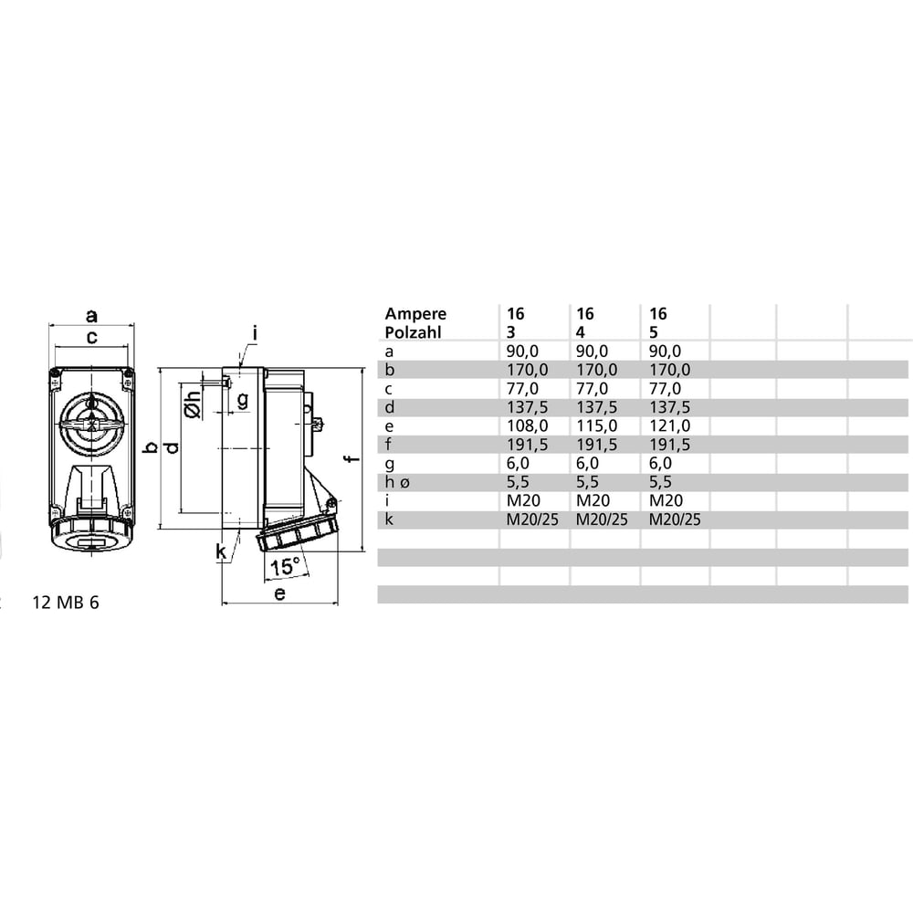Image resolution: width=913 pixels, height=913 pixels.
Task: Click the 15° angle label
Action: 285,566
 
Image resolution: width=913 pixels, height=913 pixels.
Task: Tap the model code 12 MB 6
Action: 66,602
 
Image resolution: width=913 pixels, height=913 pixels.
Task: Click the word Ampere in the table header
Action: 415,314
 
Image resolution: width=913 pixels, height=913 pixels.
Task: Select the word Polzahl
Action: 413,332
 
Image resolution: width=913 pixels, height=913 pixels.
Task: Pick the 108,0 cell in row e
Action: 527,426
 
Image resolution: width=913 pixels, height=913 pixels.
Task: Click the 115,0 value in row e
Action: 597,426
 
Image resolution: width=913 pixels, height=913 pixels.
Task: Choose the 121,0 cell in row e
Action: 669,426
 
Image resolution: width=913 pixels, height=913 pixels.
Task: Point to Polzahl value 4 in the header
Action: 581,332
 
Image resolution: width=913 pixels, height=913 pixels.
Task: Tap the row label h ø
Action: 397,481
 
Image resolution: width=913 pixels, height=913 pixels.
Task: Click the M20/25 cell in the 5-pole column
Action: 675,519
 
